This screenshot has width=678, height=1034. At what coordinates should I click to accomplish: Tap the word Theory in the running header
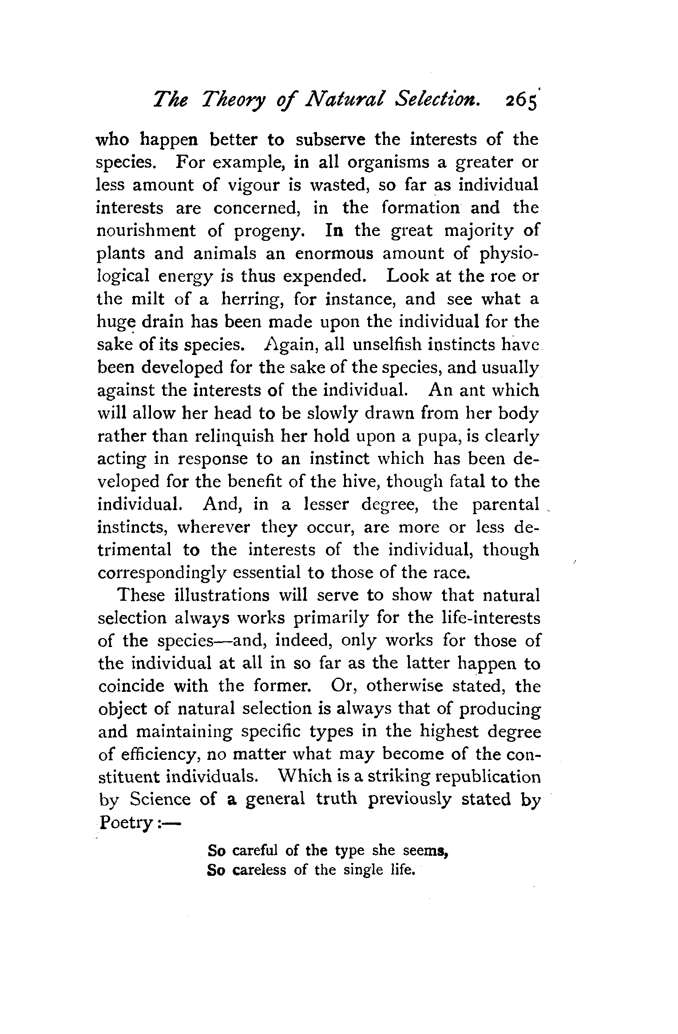click(233, 103)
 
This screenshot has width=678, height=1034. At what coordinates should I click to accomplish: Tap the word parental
click(506, 505)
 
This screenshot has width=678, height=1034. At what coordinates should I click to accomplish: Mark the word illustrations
click(228, 595)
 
